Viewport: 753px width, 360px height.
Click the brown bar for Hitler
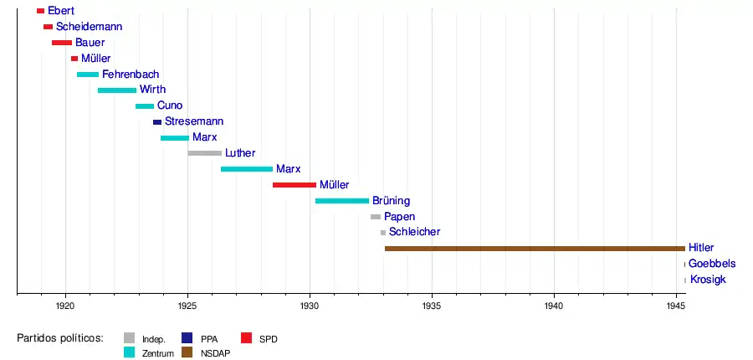click(535, 249)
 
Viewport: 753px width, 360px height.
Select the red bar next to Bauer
click(62, 43)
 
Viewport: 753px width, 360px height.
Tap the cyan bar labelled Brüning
click(342, 201)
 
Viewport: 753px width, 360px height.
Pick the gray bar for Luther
click(205, 153)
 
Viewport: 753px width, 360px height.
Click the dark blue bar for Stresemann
click(157, 122)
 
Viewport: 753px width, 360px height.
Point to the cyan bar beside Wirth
click(117, 90)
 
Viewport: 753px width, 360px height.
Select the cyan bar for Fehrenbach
click(88, 75)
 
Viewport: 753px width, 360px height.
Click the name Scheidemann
click(89, 27)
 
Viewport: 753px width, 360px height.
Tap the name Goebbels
click(712, 264)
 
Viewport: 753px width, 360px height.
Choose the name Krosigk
click(709, 280)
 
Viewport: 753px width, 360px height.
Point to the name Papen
click(400, 217)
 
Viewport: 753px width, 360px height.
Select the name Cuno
click(170, 106)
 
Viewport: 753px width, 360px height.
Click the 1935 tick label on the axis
click(432, 306)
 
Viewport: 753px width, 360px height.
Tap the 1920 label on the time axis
click(66, 306)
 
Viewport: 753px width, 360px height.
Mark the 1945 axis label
click(676, 306)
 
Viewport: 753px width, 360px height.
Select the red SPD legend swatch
click(246, 339)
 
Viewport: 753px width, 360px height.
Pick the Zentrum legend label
click(158, 353)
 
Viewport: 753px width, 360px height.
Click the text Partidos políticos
click(60, 338)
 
